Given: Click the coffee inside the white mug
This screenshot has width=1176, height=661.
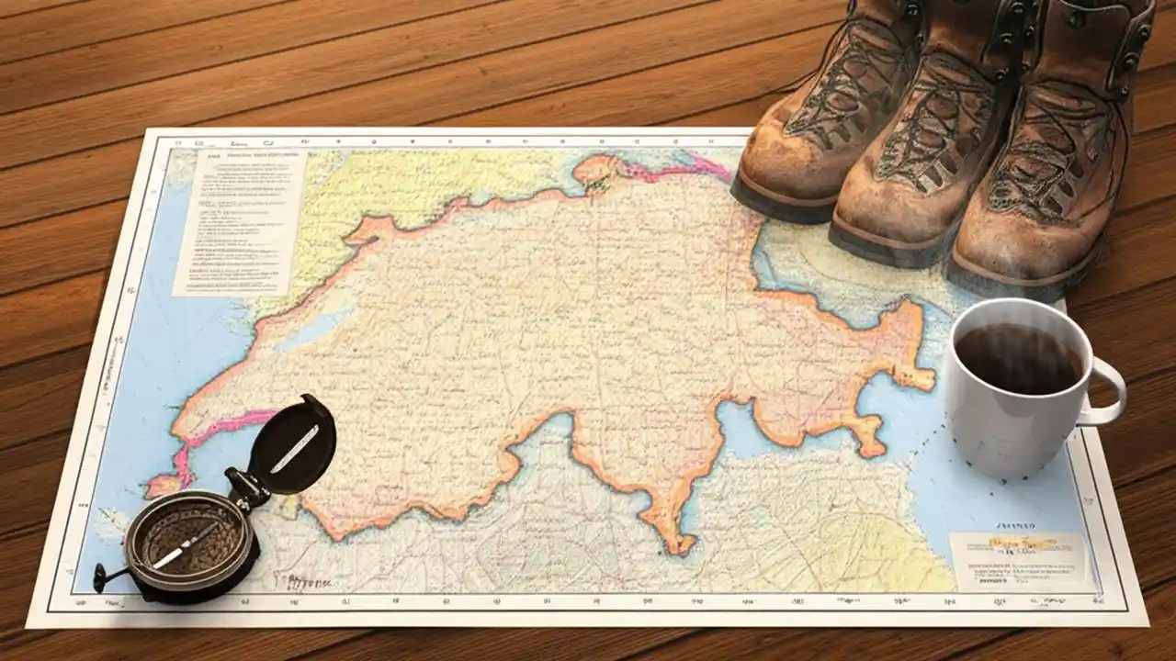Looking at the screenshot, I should tap(1018, 358).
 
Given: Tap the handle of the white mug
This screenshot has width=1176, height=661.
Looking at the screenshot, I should tap(1108, 393).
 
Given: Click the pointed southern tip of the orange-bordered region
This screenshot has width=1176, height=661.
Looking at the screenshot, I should tap(681, 547).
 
